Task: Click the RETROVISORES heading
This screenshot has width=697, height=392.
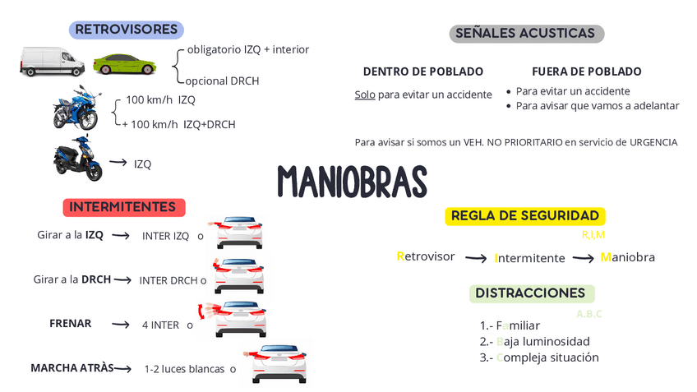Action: click(126, 30)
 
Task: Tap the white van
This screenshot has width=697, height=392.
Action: click(52, 62)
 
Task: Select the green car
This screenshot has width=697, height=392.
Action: click(124, 63)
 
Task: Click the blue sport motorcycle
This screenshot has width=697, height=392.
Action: click(78, 108)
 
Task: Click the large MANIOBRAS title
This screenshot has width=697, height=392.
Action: click(352, 181)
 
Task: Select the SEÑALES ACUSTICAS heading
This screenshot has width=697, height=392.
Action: click(526, 34)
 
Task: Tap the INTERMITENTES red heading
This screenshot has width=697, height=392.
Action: click(123, 207)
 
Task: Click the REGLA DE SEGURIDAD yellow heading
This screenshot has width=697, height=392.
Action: click(525, 216)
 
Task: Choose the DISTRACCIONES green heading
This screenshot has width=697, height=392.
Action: click(531, 293)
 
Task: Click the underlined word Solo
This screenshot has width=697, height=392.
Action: click(365, 95)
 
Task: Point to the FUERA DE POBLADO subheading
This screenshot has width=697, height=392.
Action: click(586, 71)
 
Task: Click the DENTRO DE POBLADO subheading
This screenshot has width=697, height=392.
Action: click(422, 71)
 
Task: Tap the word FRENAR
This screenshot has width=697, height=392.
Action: click(70, 324)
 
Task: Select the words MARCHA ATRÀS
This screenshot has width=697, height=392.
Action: click(72, 367)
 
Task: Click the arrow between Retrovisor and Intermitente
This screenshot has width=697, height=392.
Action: click(476, 258)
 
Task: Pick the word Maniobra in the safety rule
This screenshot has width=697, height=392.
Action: click(628, 257)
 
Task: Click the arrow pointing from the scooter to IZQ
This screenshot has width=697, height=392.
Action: click(118, 163)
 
